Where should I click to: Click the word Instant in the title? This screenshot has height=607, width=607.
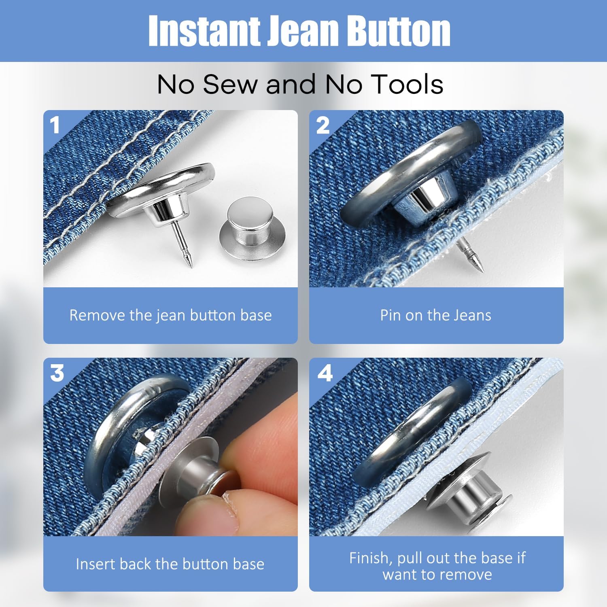204,31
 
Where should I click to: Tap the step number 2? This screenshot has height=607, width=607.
323,125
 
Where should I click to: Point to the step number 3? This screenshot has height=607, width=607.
57,373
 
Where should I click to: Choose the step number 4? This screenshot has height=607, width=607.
325,373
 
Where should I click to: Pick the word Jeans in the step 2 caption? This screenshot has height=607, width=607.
472,315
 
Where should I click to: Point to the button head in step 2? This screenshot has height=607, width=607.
409,170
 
